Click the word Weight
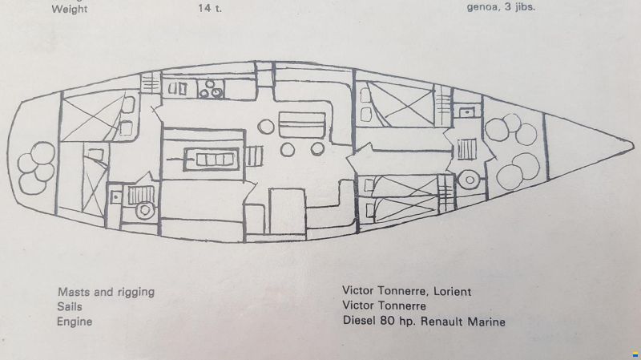pos(70,9)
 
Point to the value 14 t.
pos(210,8)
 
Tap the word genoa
pos(482,8)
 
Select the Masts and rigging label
pos(106,292)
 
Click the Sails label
pos(70,307)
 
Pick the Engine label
pos(75,322)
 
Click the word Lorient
pos(452,291)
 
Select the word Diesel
pos(359,321)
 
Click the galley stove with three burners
pos(211,90)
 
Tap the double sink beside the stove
pos(178,89)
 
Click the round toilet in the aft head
pos(144,211)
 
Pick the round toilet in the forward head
pos(470,180)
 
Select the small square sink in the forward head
pos(466,111)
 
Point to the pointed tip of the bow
pos(633,145)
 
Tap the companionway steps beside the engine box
pos(254,156)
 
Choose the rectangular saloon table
pos(302,125)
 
